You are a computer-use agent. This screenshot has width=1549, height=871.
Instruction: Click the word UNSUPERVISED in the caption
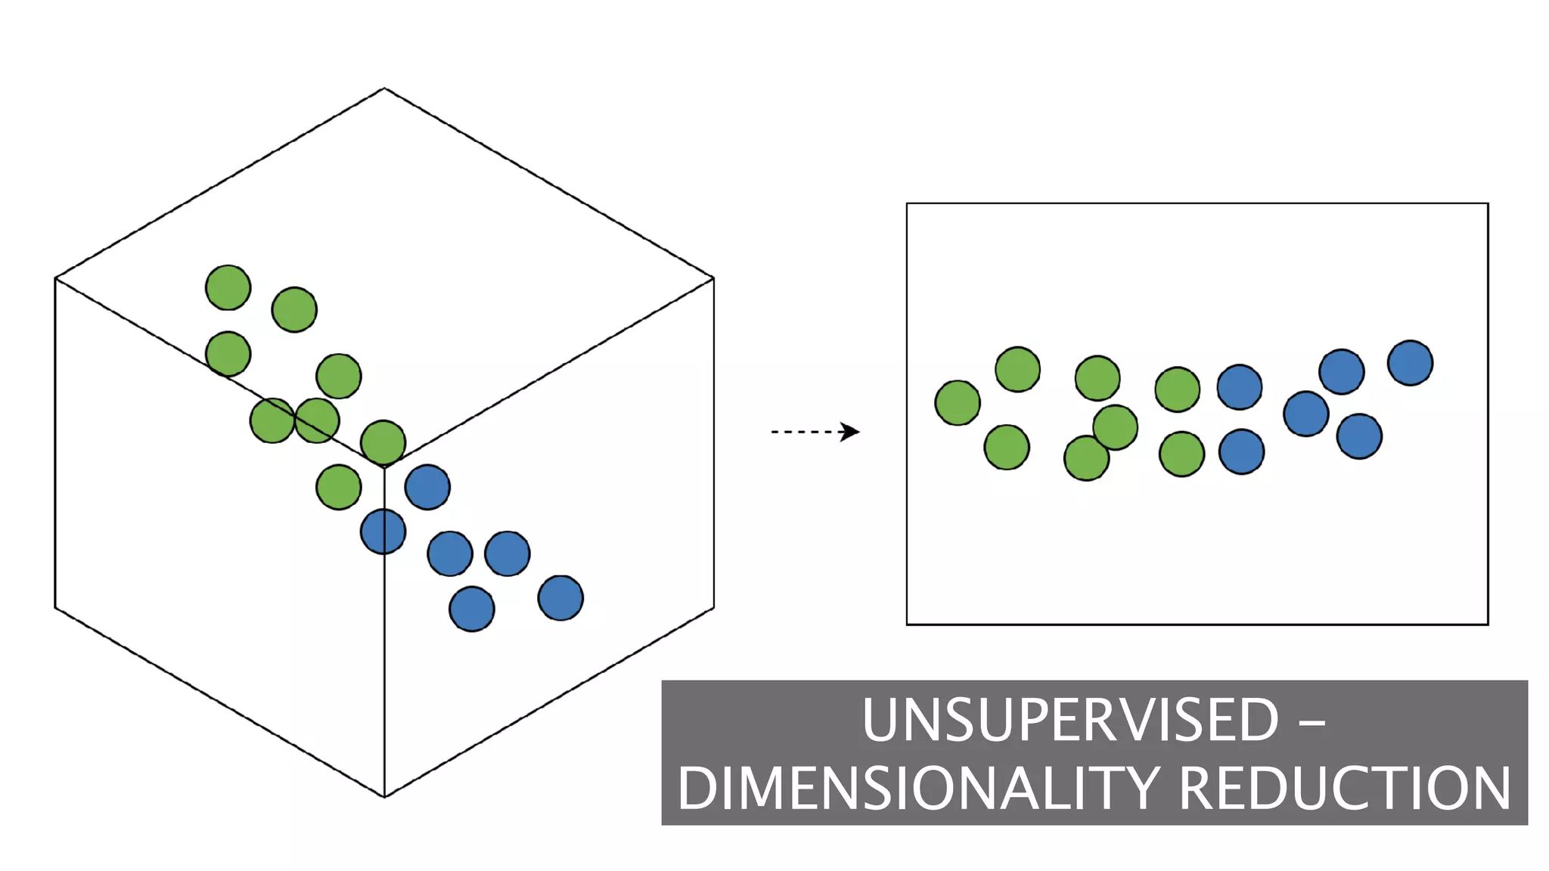pyautogui.click(x=1070, y=721)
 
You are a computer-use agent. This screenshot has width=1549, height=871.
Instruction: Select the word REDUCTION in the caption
pyautogui.click(x=1344, y=789)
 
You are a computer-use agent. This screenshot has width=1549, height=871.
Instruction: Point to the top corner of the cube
pyautogui.click(x=384, y=89)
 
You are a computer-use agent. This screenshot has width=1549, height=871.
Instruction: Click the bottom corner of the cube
pyautogui.click(x=384, y=796)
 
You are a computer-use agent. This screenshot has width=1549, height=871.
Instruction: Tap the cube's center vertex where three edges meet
pyautogui.click(x=384, y=468)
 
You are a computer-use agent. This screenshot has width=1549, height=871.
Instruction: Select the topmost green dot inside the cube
pyautogui.click(x=228, y=287)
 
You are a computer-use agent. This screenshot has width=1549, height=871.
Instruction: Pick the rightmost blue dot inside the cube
pyautogui.click(x=560, y=598)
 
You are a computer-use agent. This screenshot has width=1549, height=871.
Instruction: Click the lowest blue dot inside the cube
pyautogui.click(x=472, y=609)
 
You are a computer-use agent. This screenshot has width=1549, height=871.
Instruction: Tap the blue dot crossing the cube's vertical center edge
pyautogui.click(x=383, y=532)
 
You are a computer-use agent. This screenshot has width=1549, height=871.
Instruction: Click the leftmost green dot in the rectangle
pyautogui.click(x=958, y=403)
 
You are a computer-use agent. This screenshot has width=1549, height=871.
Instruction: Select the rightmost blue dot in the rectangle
pyautogui.click(x=1410, y=363)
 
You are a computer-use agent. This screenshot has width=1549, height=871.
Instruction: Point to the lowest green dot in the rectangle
pyautogui.click(x=1086, y=458)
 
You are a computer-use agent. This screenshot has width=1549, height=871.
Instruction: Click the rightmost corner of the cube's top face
pyautogui.click(x=713, y=278)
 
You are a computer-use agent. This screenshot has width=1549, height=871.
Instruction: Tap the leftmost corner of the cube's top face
pyautogui.click(x=56, y=278)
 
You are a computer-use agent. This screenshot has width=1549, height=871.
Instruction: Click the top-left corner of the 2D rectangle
pyautogui.click(x=907, y=203)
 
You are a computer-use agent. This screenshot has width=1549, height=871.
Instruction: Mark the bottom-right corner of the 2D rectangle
pyautogui.click(x=1488, y=625)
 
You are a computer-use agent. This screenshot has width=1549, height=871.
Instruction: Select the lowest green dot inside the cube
pyautogui.click(x=338, y=487)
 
